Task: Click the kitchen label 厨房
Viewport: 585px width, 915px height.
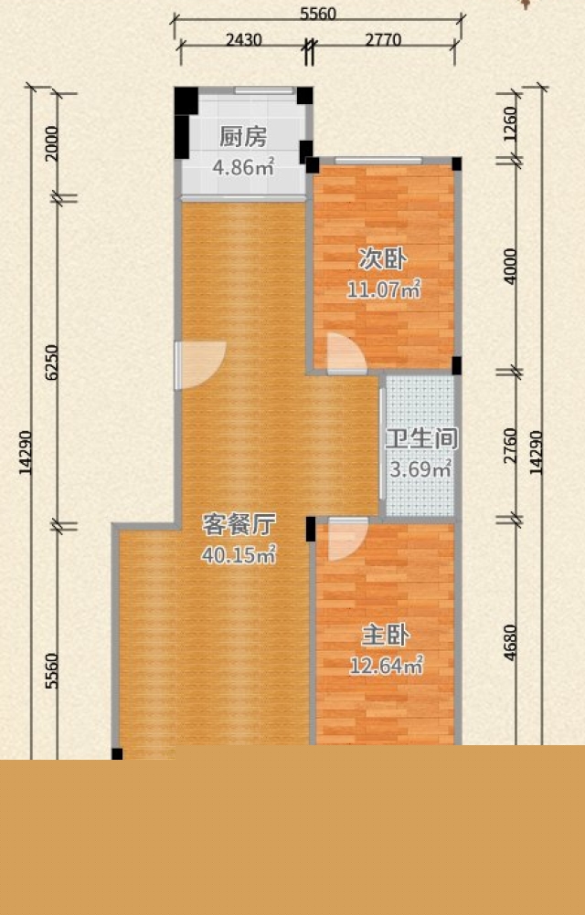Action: [x=243, y=137]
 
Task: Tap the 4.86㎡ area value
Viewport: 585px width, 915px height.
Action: [x=243, y=167]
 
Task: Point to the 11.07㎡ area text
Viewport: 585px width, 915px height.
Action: [x=384, y=289]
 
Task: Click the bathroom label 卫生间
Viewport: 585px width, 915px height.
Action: [x=421, y=439]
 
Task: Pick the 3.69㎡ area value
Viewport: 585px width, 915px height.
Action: [x=420, y=469]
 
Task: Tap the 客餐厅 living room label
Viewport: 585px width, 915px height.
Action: [x=239, y=524]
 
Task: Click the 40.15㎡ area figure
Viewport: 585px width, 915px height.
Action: [x=239, y=555]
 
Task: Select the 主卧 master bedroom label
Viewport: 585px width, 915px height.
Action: [x=386, y=636]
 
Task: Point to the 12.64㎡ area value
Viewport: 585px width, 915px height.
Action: [x=386, y=666]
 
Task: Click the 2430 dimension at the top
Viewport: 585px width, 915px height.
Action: [x=243, y=39]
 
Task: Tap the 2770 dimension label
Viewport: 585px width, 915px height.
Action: [x=383, y=39]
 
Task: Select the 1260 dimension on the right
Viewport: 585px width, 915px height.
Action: [x=510, y=124]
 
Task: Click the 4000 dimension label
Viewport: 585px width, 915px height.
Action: [x=510, y=266]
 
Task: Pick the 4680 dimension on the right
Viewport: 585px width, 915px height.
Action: [x=510, y=643]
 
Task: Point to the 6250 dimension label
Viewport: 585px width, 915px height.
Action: [x=52, y=363]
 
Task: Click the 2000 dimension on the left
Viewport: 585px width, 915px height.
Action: [x=52, y=143]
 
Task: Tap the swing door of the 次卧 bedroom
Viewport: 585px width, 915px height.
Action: [x=346, y=353]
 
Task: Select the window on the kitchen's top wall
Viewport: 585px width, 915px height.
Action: [x=264, y=90]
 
